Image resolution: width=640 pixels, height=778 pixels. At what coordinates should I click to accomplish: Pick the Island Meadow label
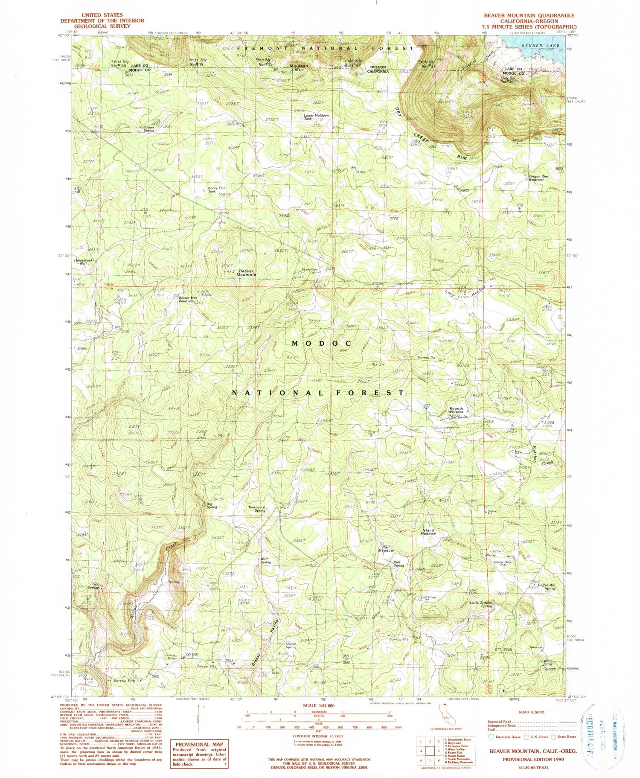point(428,532)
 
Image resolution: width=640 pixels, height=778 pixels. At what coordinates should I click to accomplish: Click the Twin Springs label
point(93,586)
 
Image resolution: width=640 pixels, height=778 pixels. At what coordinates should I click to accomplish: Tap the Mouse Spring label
point(291,645)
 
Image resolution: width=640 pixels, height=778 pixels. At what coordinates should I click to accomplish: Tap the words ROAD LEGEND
point(531,712)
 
